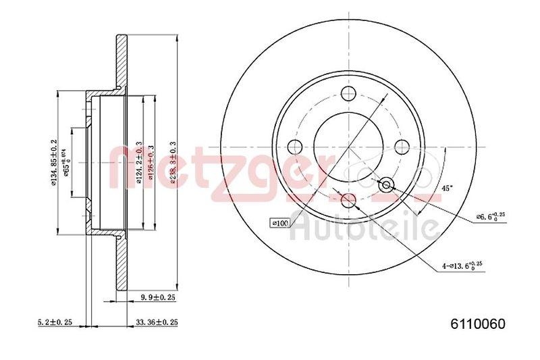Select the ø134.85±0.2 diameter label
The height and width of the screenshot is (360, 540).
pos(53,163)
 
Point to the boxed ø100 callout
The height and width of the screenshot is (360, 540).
pos(279,222)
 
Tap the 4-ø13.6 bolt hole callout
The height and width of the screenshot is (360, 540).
pos(465,265)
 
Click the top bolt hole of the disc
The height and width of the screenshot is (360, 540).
pos(348,94)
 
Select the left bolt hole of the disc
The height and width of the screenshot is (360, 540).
pos(295,147)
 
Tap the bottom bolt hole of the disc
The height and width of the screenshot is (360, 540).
pos(348,200)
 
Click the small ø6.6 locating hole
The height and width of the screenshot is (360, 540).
pos(386,184)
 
